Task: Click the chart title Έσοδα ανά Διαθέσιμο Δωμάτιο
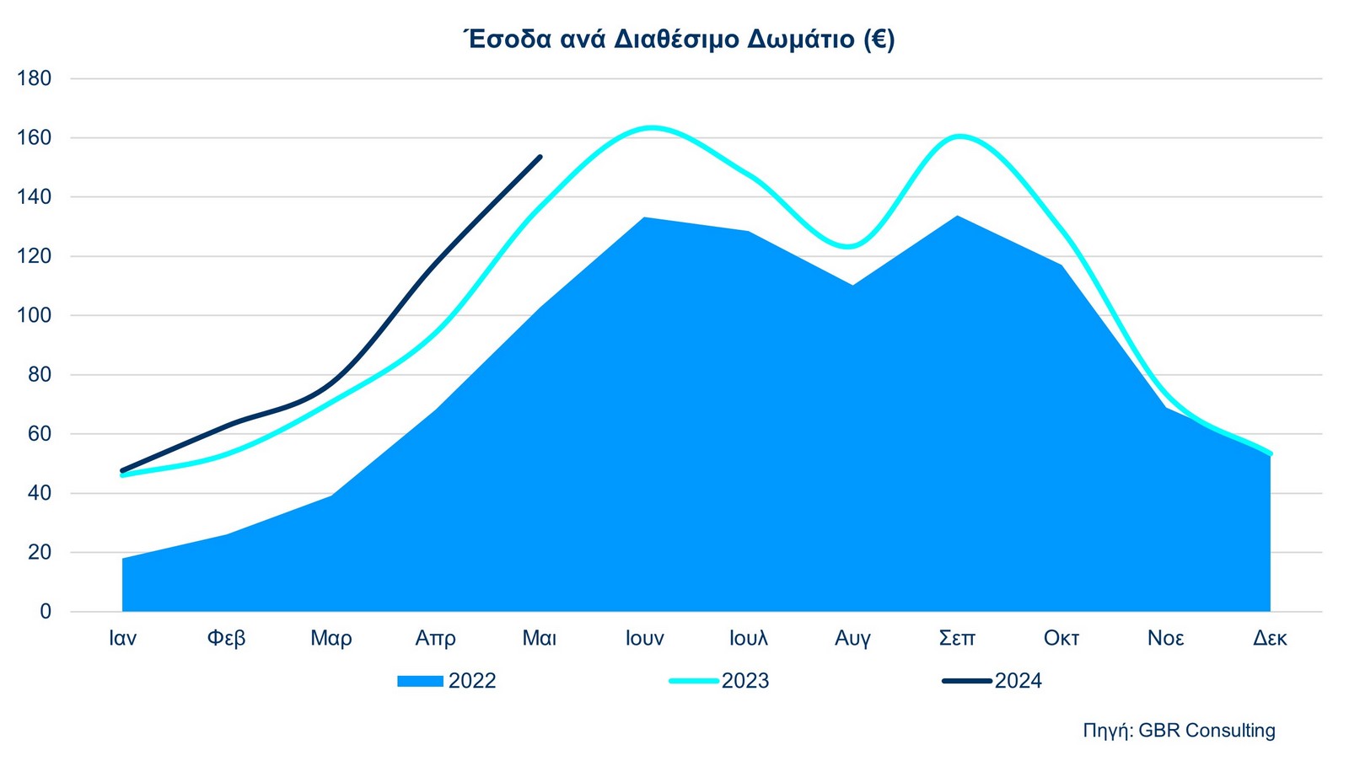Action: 679,39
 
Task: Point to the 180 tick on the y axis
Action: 34,78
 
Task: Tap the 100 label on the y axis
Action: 34,315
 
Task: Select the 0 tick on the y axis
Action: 45,612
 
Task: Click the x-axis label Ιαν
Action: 122,638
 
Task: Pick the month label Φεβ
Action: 226,638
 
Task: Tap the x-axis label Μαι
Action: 540,638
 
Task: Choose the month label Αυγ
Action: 852,638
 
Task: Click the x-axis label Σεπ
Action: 957,638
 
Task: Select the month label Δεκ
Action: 1270,638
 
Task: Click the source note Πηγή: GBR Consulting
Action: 1179,730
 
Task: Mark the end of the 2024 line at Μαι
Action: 540,157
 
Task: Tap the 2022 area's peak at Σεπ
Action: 957,217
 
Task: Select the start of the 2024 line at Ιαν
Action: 123,470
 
